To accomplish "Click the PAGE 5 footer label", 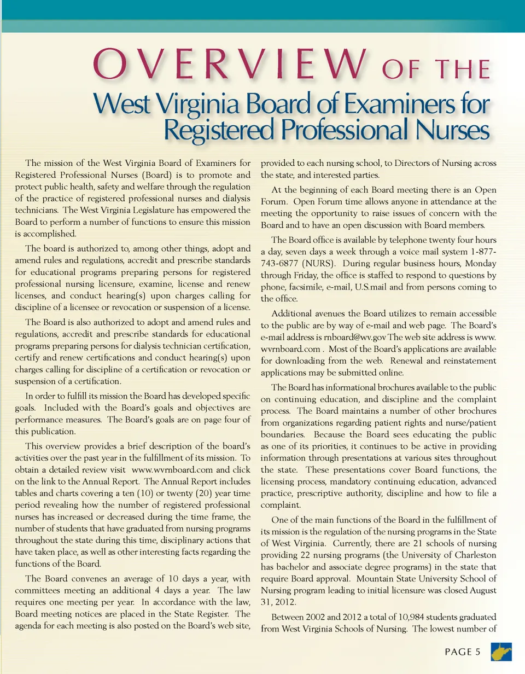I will (462, 652).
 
